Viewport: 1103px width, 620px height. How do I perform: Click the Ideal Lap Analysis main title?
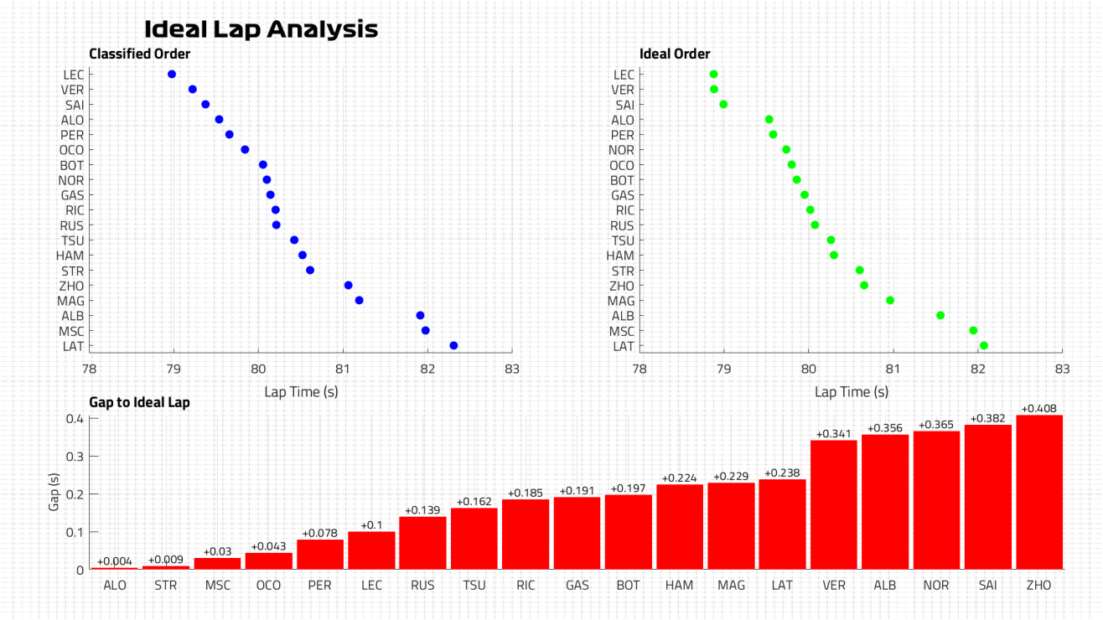(261, 29)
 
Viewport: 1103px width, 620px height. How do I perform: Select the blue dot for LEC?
(172, 75)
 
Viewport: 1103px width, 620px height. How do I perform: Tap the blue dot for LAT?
(453, 345)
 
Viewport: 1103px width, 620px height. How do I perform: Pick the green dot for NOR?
(786, 150)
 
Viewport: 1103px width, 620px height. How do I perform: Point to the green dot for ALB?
(940, 316)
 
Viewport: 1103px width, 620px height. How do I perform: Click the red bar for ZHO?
(1039, 493)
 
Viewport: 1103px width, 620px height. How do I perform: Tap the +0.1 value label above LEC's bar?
(371, 524)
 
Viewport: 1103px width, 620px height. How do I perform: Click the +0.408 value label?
(1039, 409)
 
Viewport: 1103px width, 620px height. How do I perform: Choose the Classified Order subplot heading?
(140, 54)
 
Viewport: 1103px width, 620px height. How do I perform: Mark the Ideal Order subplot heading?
(675, 54)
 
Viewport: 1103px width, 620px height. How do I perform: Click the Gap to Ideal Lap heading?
(139, 402)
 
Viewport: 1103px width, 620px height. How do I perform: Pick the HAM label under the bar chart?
(680, 585)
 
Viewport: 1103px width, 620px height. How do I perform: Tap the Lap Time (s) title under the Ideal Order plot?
(852, 391)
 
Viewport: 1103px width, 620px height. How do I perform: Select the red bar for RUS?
(422, 543)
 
